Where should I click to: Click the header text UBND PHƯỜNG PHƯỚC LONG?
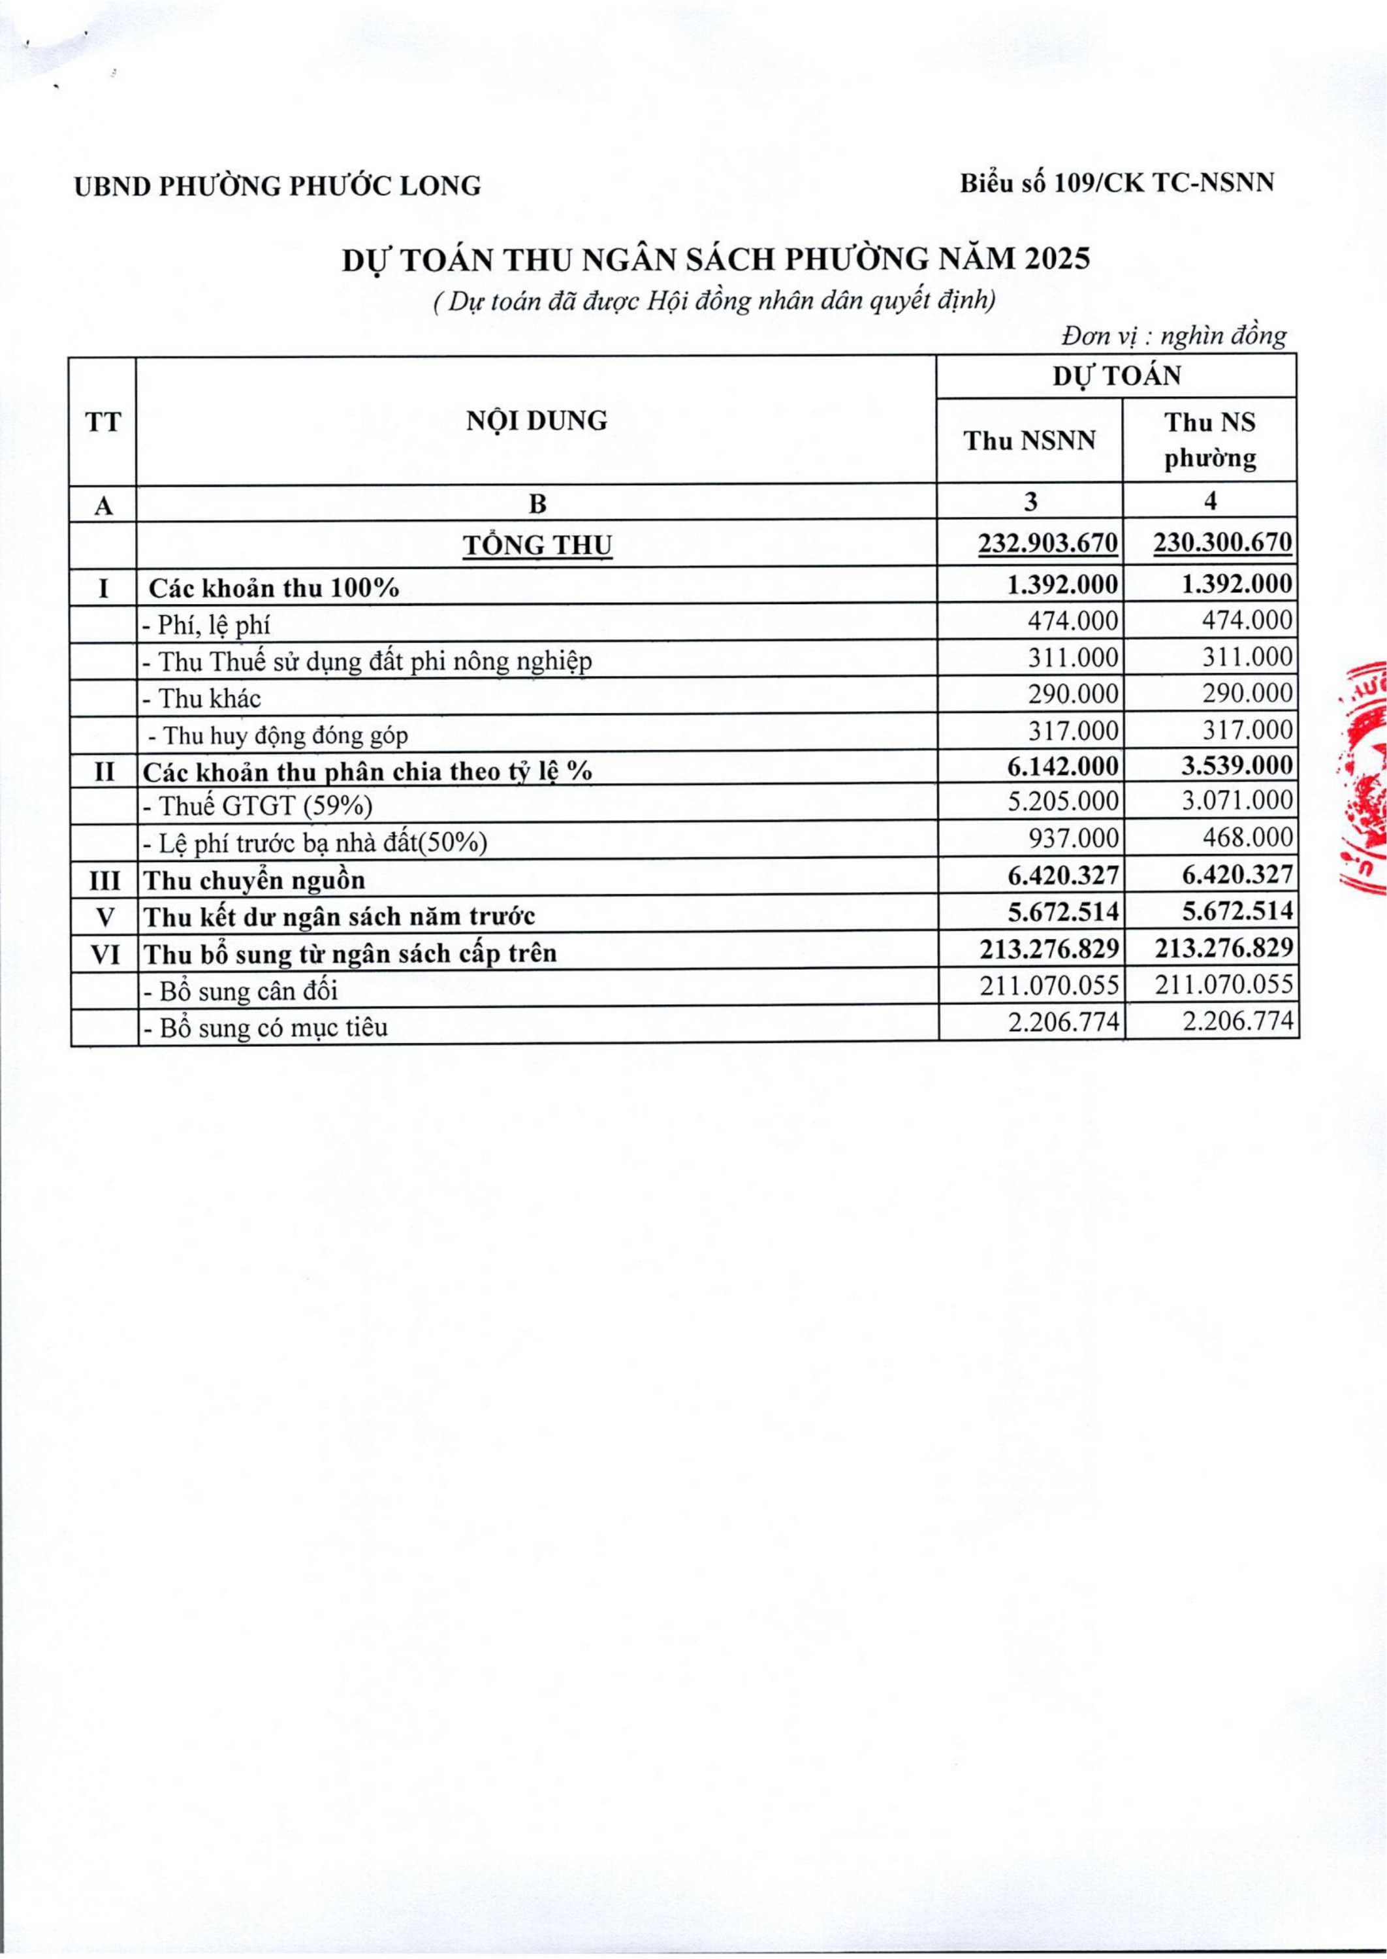278,185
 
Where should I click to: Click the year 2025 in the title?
1058,259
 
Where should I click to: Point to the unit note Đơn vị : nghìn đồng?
1173,336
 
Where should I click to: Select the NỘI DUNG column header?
536,421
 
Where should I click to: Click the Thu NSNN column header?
1029,441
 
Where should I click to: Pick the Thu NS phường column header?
1210,441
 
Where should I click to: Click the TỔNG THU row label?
537,545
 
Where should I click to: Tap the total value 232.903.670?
1048,543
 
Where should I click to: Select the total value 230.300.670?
1223,543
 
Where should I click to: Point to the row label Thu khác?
202,699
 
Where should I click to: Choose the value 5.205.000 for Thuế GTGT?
1062,801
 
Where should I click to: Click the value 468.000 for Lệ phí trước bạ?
1248,838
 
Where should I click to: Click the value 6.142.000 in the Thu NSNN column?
1062,766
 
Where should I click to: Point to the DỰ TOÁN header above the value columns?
1116,375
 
